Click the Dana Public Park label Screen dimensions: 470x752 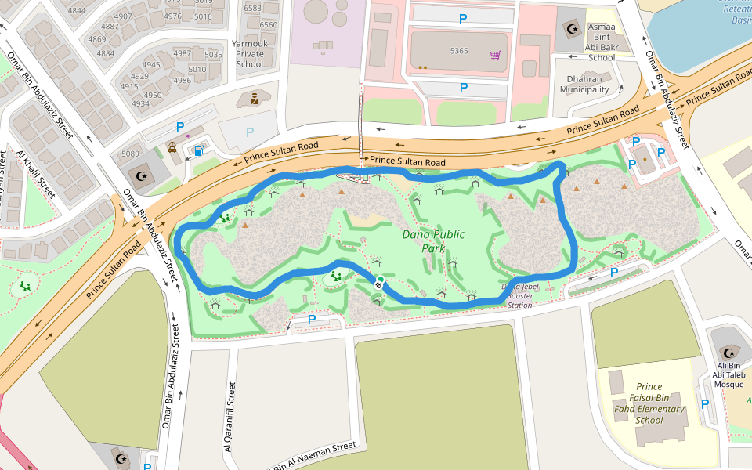tap(433, 241)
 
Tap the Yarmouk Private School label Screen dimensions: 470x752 tap(250, 54)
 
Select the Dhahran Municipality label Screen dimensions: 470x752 tap(584, 84)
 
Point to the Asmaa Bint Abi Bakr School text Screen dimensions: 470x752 tap(602, 42)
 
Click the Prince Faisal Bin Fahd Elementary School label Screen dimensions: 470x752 tap(649, 403)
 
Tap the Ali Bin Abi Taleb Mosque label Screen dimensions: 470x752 tap(728, 374)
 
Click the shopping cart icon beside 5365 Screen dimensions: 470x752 tap(495, 55)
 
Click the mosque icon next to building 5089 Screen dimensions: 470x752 tap(142, 175)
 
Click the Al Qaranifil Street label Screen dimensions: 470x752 tap(231, 417)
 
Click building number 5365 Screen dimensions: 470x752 tap(459, 51)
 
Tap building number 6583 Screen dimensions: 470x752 tap(253, 8)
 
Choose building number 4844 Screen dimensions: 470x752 tap(77, 10)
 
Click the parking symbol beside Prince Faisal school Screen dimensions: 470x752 tap(704, 404)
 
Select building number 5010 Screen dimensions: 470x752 tap(197, 69)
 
